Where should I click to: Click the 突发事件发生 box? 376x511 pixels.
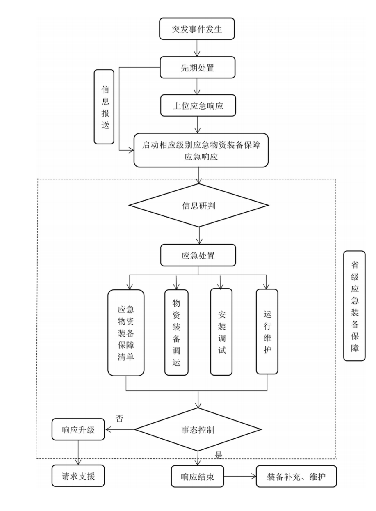(x=198, y=30)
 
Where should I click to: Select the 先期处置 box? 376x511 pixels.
(x=198, y=68)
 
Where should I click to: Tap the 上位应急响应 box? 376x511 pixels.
(x=198, y=105)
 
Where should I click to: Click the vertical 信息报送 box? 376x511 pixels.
(x=104, y=107)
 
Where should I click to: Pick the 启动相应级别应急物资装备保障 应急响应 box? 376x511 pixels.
(x=201, y=150)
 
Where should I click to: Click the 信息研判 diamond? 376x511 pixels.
(x=198, y=206)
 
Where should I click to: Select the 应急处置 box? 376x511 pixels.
(x=198, y=255)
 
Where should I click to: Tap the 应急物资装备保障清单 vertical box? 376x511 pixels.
(x=126, y=333)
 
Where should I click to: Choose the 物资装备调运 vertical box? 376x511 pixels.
(x=176, y=333)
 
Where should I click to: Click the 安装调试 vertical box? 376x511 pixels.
(x=221, y=332)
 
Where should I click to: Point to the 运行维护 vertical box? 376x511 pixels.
(x=267, y=332)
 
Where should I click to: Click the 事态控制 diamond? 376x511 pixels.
(x=198, y=430)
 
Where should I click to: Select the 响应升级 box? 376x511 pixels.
(x=78, y=430)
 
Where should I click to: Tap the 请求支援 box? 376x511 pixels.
(x=78, y=477)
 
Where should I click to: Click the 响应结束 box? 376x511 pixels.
(x=198, y=477)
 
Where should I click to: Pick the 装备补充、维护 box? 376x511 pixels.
(x=296, y=477)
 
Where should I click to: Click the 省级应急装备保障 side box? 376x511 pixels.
(x=354, y=306)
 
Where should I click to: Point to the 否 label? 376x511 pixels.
(x=119, y=419)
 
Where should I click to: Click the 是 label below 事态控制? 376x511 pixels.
(x=218, y=455)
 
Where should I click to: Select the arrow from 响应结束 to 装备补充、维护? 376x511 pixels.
(x=240, y=477)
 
